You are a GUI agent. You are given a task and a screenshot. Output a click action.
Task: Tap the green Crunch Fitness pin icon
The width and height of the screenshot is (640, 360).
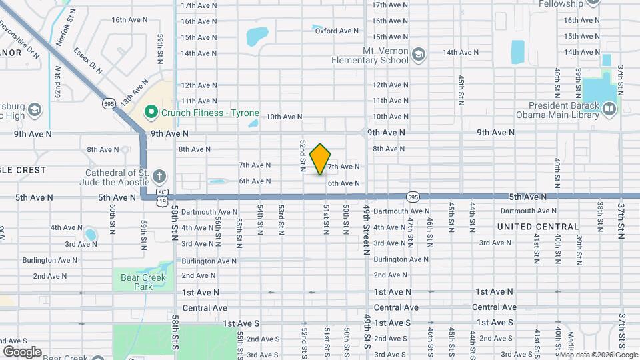click(x=152, y=113)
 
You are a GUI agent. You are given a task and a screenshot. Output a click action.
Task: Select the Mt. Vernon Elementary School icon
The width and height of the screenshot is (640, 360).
click(x=419, y=54)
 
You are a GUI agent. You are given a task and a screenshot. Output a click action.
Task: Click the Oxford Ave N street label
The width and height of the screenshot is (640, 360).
click(x=337, y=31)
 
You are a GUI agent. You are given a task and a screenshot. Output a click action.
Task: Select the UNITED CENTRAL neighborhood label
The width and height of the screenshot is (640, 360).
click(x=538, y=227)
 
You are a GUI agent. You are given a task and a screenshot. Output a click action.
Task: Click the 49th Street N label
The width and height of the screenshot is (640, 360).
click(x=367, y=231)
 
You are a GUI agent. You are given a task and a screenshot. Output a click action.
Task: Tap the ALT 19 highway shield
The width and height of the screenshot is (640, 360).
click(x=162, y=198)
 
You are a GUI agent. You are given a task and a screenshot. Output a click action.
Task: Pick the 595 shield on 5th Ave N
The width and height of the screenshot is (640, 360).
click(x=413, y=197)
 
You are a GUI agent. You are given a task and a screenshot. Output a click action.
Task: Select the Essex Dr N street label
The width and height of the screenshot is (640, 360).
click(x=88, y=61)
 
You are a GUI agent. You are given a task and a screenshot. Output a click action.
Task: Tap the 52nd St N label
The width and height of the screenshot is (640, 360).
click(x=303, y=153)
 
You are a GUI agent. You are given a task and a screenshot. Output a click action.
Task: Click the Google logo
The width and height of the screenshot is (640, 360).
click(x=21, y=351)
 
